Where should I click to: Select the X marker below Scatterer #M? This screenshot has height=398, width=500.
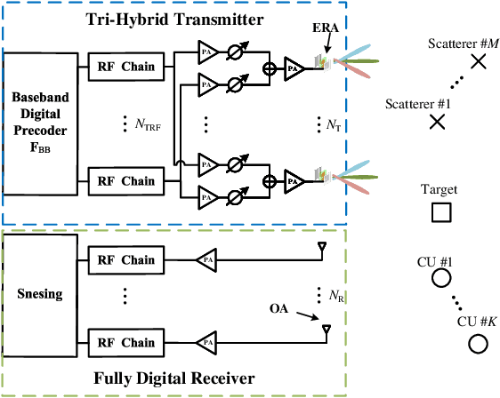click(478, 61)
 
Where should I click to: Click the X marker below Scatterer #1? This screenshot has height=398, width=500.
click(437, 123)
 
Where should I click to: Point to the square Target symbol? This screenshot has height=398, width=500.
click(440, 212)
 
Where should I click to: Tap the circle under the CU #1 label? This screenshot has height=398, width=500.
click(440, 279)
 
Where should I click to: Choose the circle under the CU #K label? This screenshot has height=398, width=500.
click(478, 343)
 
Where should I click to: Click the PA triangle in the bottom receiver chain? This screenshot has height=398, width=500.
click(206, 340)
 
